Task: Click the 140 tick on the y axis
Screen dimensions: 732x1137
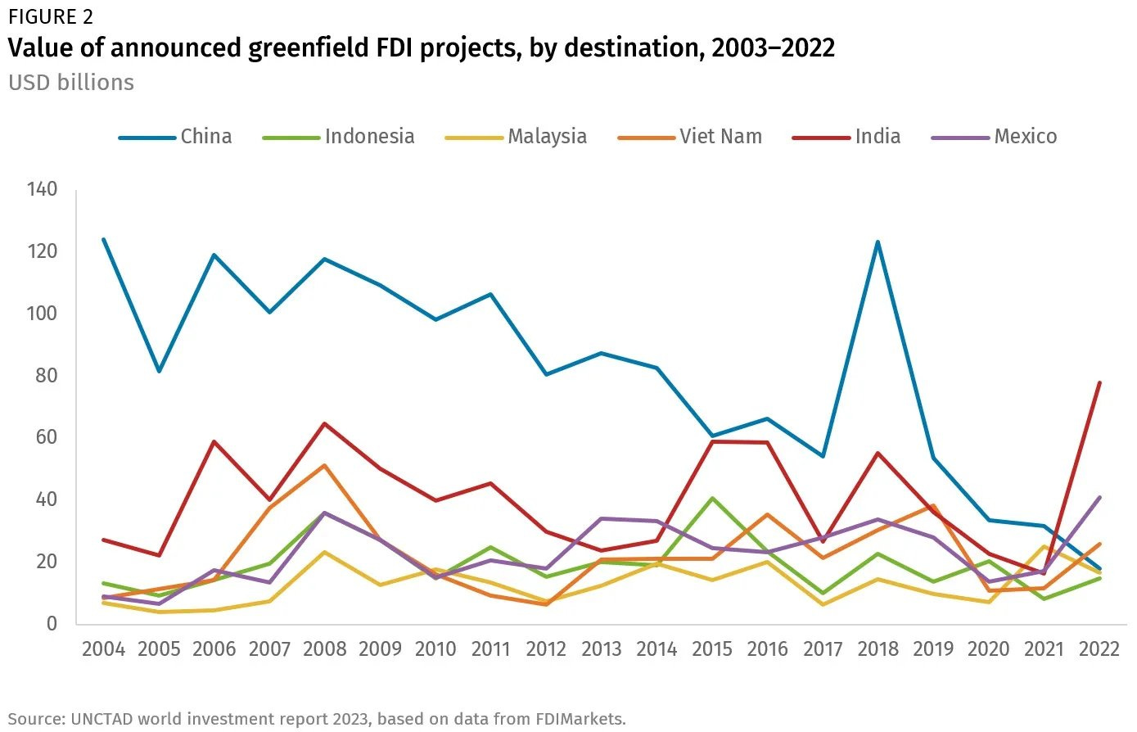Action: point(42,190)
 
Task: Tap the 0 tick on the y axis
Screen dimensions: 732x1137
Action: point(52,623)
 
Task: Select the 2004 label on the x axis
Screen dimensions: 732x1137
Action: point(104,649)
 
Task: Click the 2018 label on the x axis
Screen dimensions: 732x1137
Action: point(878,649)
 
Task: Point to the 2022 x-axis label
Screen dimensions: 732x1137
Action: point(1099,649)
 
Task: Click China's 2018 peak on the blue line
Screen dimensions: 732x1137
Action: point(878,242)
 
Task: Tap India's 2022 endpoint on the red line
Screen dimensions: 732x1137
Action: point(1099,382)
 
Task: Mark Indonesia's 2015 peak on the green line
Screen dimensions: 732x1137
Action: point(712,498)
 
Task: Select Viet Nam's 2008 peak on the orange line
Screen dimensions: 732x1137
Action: point(325,465)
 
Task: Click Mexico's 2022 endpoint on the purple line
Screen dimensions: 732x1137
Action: point(1099,497)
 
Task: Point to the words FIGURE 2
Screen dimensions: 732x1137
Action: point(51,16)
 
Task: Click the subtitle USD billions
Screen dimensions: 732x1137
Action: point(71,83)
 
